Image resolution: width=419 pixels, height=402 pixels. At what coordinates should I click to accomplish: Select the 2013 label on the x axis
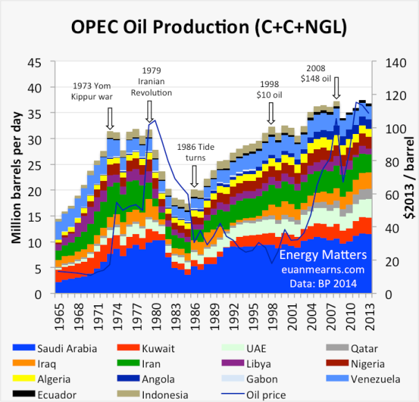click(369, 309)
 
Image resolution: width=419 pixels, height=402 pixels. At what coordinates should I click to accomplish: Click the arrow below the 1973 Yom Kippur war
click(109, 119)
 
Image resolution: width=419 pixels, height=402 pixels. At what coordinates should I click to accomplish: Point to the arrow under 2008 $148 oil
click(337, 89)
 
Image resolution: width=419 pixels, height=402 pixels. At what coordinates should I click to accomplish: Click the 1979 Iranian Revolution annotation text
click(151, 82)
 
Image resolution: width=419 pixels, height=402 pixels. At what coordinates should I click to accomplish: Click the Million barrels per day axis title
click(15, 178)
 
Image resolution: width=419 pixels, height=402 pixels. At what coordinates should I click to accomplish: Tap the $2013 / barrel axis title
click(408, 179)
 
